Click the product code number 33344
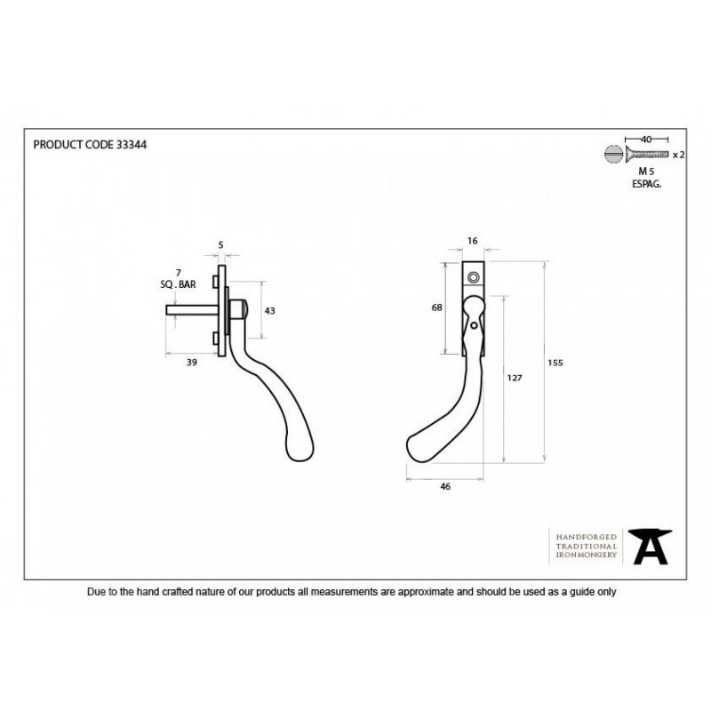tap(132, 145)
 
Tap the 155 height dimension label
tap(555, 363)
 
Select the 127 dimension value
tap(515, 378)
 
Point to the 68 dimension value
tap(436, 308)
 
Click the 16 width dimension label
tap(473, 241)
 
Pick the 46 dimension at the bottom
tap(445, 486)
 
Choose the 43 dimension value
tap(270, 310)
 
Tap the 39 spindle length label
tap(192, 363)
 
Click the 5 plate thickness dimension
tap(220, 245)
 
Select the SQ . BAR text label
tap(179, 284)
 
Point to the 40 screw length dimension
tap(646, 140)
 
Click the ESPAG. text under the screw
tap(647, 184)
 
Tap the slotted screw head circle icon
tap(613, 154)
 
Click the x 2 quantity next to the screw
tap(679, 155)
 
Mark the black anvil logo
tap(651, 547)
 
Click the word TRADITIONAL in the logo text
tap(587, 547)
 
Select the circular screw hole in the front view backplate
tap(474, 277)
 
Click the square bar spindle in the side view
tap(192, 309)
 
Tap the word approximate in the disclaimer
tap(426, 592)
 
